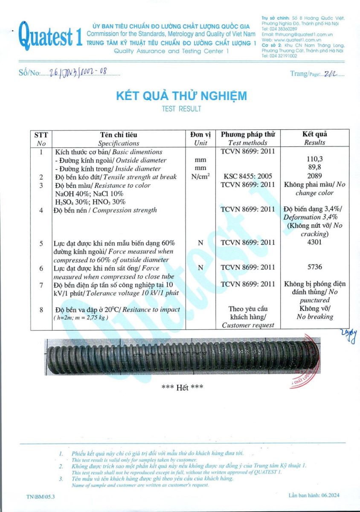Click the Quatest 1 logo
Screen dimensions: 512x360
tap(50, 36)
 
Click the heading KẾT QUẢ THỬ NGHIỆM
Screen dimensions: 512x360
tap(181, 96)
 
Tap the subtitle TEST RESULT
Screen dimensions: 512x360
tap(181, 109)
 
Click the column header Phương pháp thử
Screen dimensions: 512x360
tap(248, 134)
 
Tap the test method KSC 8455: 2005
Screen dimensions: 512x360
tap(248, 176)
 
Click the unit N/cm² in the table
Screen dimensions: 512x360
tap(200, 176)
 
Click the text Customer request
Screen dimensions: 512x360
tap(248, 325)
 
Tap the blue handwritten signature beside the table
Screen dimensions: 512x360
tap(348, 336)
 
